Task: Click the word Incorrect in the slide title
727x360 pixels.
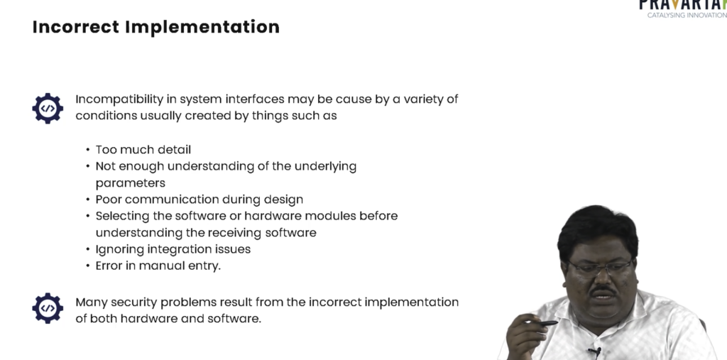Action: coord(76,27)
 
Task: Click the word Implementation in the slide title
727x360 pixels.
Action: coord(202,28)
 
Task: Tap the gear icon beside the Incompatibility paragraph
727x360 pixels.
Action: coord(48,108)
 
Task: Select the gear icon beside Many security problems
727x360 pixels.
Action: coord(48,308)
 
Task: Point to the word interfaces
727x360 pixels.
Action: coord(255,99)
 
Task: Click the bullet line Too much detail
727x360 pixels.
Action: coord(143,150)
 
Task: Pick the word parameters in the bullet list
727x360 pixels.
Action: coord(131,183)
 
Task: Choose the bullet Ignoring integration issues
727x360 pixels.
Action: coord(173,250)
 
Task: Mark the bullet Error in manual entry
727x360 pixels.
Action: coord(158,266)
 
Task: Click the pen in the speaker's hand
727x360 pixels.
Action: coord(542,323)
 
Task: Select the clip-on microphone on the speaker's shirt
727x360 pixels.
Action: coord(595,351)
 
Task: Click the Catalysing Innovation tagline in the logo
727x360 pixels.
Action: coord(687,16)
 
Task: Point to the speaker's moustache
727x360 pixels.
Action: coord(603,291)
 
